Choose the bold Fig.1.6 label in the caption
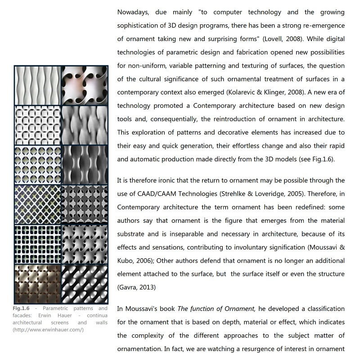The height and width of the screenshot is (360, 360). pyautogui.click(x=21, y=309)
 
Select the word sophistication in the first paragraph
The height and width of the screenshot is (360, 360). pyautogui.click(x=139, y=26)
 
